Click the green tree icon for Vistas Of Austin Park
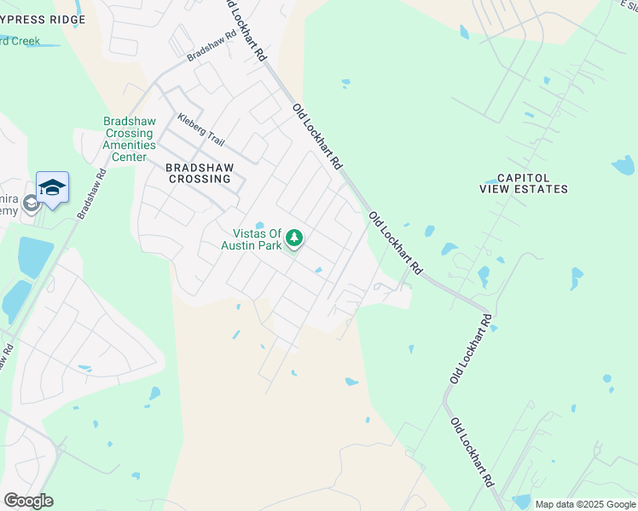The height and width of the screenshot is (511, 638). (x=295, y=238)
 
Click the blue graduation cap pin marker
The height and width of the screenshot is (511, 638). (x=52, y=189)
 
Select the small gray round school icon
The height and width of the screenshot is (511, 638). (x=31, y=203)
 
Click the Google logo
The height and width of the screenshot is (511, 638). (x=28, y=500)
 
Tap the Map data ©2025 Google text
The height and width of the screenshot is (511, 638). (x=584, y=504)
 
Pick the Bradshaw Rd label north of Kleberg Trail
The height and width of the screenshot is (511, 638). (x=211, y=48)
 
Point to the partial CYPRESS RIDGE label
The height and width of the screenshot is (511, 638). (x=43, y=19)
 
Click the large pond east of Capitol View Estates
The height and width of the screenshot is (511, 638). (x=623, y=164)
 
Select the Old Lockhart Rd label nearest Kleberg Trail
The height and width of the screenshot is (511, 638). (x=316, y=135)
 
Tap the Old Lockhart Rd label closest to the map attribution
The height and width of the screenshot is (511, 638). (x=472, y=451)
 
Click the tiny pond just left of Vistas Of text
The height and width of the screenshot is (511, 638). (x=259, y=225)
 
